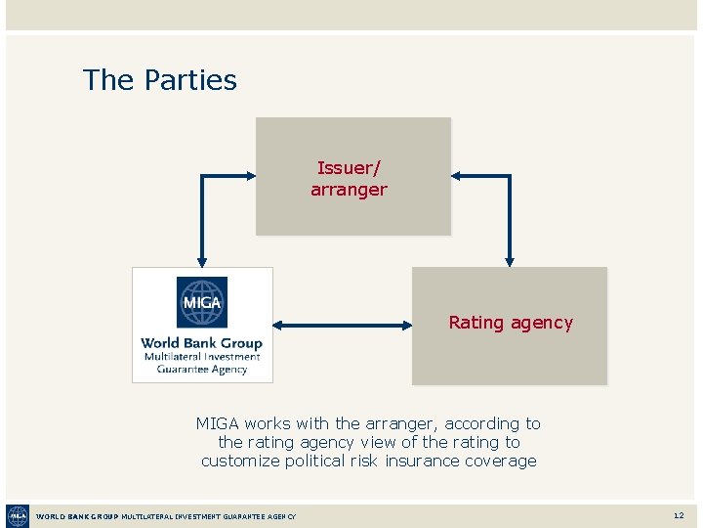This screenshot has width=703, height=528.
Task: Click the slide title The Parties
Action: (160, 80)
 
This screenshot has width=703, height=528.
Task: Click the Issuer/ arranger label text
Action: (349, 179)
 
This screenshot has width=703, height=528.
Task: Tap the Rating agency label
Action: (511, 323)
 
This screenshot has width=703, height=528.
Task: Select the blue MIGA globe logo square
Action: (202, 302)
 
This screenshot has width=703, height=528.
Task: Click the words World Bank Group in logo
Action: (202, 343)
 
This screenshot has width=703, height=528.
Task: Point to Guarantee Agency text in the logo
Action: (202, 370)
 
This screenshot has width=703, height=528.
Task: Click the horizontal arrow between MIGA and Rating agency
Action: (342, 325)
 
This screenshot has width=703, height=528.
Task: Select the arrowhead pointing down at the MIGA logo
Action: (202, 261)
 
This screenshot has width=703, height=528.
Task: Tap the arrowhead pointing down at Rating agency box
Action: (510, 261)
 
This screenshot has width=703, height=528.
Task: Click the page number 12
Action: (679, 515)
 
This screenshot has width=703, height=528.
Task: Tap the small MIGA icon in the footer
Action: (18, 515)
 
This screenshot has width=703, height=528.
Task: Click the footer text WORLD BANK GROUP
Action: (77, 516)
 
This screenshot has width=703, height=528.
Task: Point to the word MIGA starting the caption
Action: (218, 423)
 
